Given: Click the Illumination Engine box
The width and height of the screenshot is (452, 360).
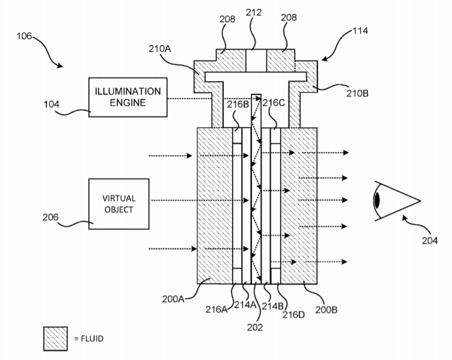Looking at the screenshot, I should (x=127, y=96).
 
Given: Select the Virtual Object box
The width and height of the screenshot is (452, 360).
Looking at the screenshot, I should (x=118, y=204).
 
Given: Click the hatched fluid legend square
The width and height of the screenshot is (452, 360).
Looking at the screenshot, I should (x=55, y=338).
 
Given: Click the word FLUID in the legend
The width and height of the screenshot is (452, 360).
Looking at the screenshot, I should (x=92, y=339).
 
